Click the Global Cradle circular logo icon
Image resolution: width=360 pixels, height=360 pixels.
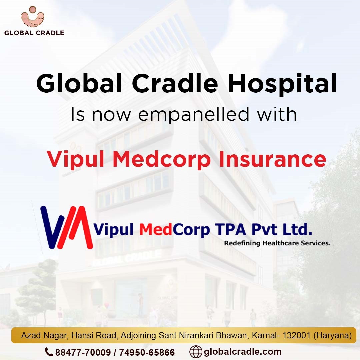tap(33, 17)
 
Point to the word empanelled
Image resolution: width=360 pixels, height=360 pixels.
tap(194, 115)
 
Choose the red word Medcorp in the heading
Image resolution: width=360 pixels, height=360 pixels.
tap(161, 160)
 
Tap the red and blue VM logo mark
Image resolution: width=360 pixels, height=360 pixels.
tap(67, 227)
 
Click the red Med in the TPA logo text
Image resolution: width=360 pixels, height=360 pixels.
tap(156, 230)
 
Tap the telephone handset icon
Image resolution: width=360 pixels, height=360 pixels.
tap(49, 352)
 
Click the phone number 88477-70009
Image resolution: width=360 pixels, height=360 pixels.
tap(83, 352)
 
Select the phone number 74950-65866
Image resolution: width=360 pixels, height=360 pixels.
tap(147, 352)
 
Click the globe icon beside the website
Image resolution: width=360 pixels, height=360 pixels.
tap(196, 352)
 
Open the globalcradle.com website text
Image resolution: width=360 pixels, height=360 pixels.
tap(242, 352)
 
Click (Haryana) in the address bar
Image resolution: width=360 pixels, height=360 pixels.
tap(332, 336)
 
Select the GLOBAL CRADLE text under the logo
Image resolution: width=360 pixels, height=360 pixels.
tap(34, 33)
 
